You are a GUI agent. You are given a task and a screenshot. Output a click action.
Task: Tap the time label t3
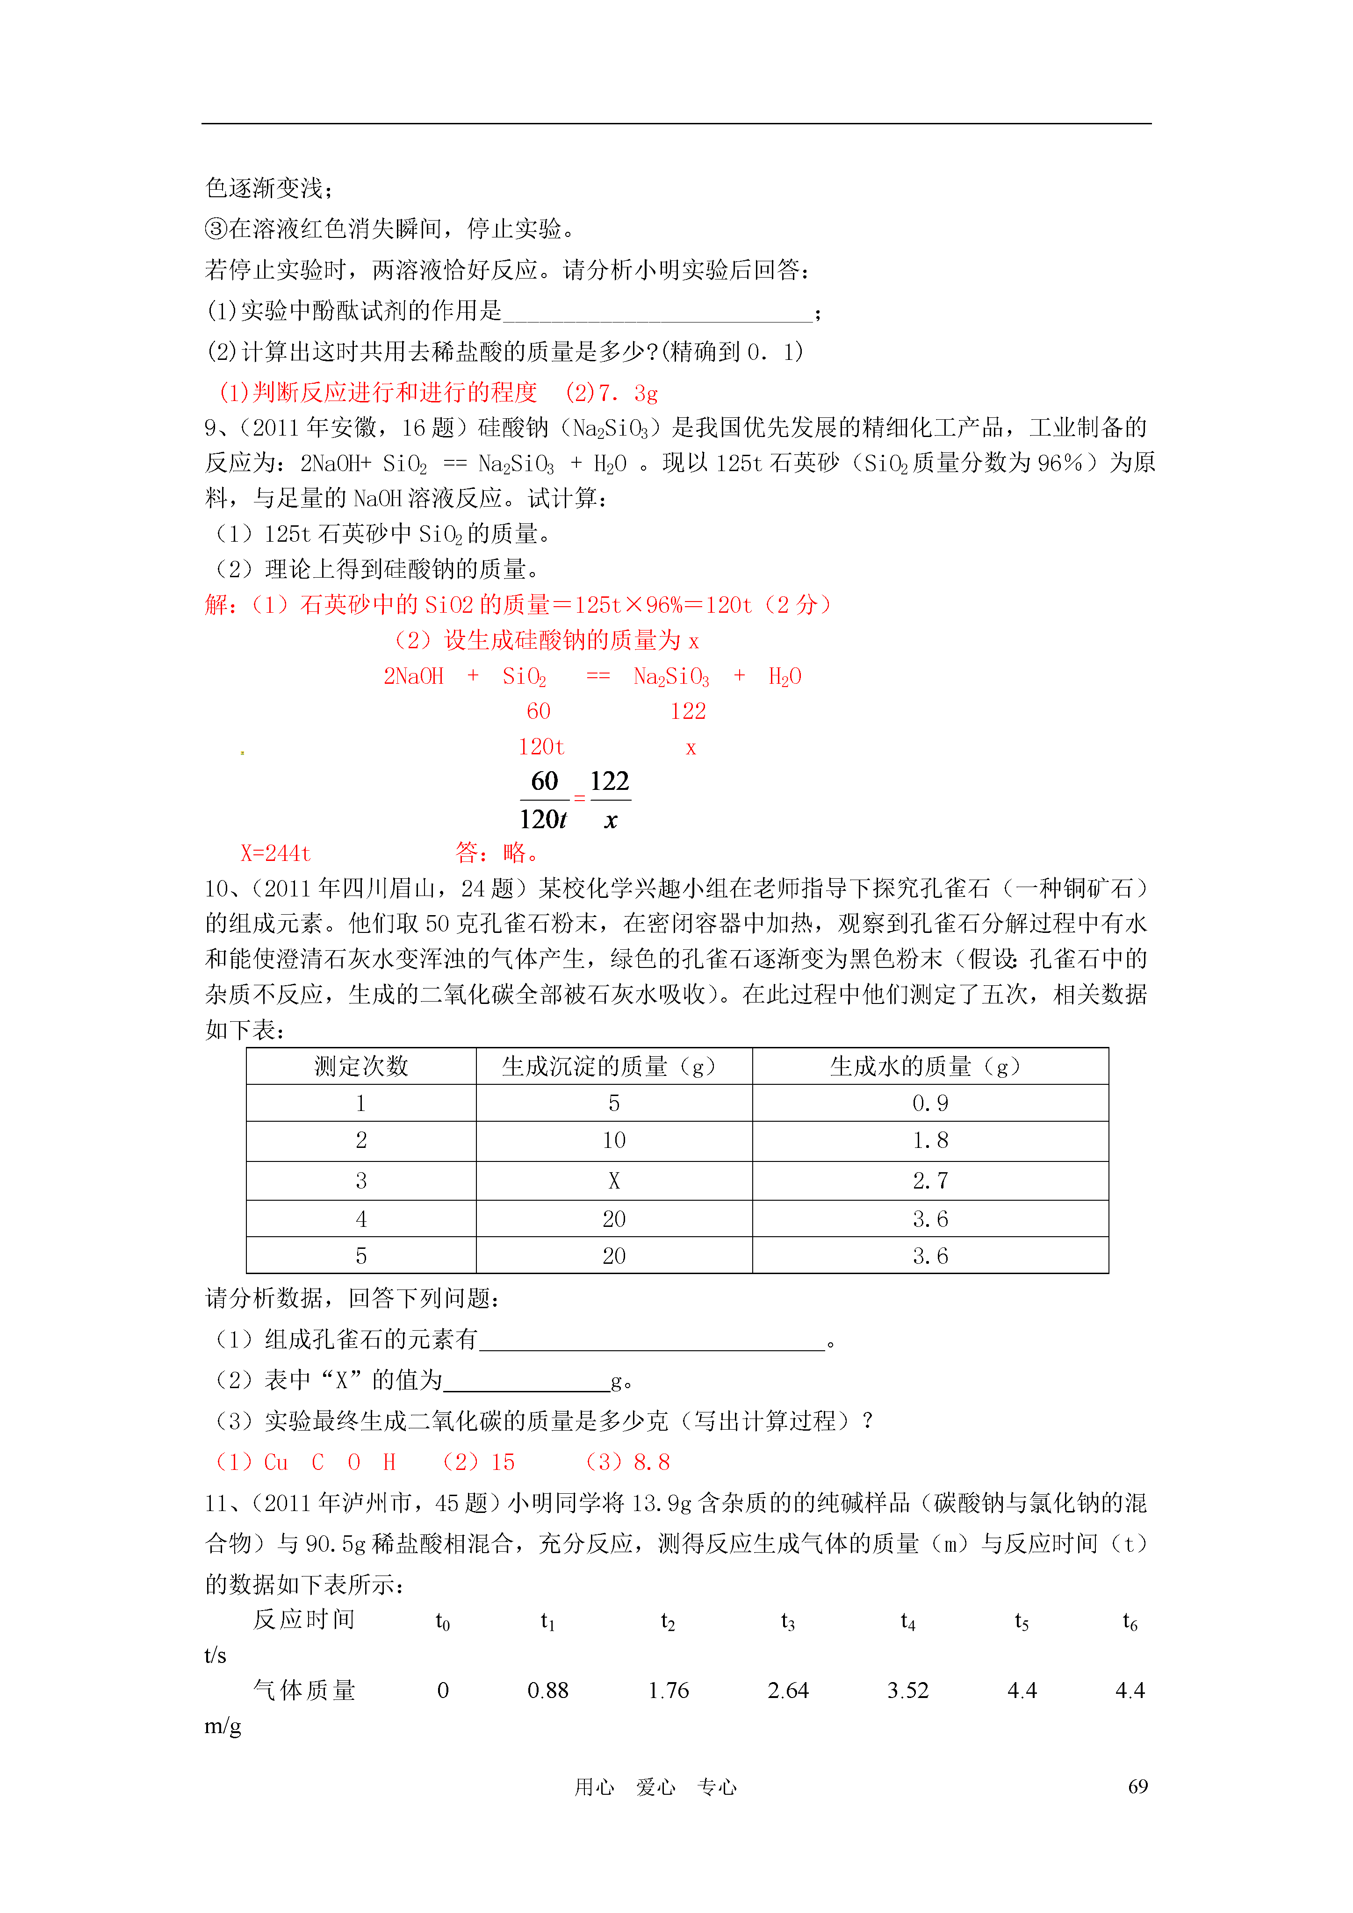(788, 1621)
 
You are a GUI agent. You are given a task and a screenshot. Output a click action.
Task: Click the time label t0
(443, 1621)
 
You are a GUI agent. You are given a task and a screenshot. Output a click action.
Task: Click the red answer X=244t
(276, 853)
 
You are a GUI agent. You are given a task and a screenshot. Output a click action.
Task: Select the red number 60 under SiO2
(539, 711)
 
